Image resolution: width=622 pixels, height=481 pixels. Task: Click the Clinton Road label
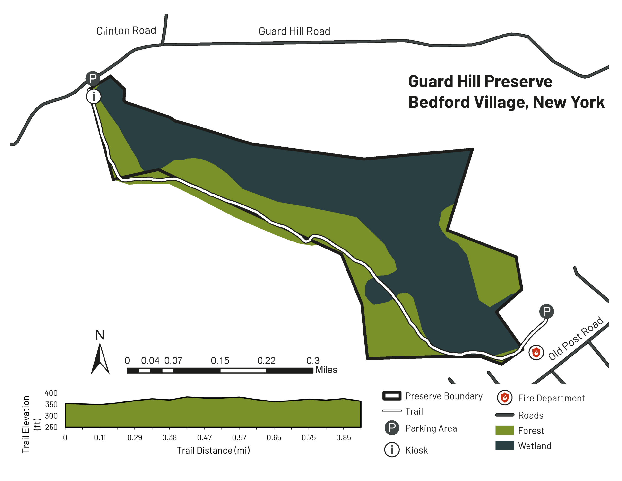(126, 30)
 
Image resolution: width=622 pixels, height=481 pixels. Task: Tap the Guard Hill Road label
(294, 31)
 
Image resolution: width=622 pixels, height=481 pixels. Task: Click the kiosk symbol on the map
(93, 96)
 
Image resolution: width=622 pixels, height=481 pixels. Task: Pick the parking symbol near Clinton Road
(93, 78)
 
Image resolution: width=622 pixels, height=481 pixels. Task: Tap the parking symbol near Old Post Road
(546, 311)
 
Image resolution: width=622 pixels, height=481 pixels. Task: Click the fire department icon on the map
(536, 352)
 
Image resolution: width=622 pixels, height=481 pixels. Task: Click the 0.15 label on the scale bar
(220, 361)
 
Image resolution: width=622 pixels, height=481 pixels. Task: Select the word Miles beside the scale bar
(326, 370)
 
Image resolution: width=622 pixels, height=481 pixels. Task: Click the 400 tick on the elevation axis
(51, 393)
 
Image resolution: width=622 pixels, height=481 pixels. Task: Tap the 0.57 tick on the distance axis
(239, 437)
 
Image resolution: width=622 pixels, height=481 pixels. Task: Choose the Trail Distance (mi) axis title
(213, 451)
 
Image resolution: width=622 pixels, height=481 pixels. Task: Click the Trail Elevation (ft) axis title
(30, 424)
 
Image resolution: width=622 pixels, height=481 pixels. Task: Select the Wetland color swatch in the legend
(504, 445)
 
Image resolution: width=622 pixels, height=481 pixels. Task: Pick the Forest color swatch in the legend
(504, 430)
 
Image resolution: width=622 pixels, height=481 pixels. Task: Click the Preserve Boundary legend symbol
(392, 396)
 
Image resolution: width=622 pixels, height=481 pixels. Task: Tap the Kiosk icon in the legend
(392, 450)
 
